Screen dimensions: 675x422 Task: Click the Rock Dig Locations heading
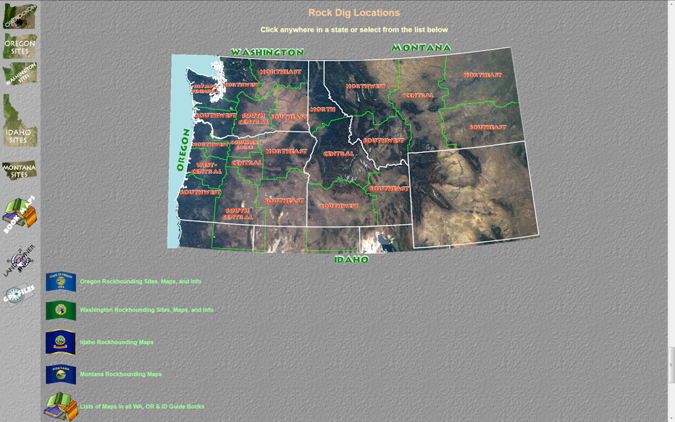354,13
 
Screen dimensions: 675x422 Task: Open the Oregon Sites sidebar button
20,46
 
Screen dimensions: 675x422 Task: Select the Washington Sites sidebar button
20,74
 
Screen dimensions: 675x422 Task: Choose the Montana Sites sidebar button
19,170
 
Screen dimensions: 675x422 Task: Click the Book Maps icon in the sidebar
20,214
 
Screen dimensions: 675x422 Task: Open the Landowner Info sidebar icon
20,261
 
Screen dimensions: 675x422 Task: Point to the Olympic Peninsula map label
205,89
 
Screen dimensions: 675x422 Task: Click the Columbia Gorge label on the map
244,143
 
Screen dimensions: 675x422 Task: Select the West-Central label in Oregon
206,168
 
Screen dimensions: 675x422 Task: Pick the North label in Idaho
323,109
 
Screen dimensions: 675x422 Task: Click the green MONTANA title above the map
421,47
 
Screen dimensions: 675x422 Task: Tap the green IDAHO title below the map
351,259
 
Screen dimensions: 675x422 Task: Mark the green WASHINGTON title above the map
267,52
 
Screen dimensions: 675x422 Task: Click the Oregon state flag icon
61,282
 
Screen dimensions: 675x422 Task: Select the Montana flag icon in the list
61,375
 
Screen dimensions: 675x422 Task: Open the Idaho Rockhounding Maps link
117,342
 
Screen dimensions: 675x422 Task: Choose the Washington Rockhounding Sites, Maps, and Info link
146,310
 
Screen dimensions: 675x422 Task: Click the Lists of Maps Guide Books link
142,406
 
